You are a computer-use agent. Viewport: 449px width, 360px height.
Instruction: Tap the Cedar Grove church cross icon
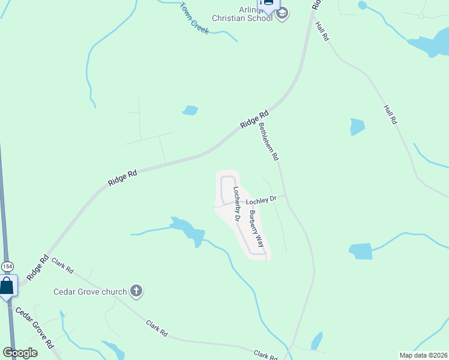pos(136,292)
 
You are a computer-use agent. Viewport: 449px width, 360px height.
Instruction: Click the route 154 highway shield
pos(7,266)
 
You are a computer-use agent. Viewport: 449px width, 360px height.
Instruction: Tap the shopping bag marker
pos(7,285)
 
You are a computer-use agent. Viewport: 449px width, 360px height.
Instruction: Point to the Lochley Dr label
pos(261,200)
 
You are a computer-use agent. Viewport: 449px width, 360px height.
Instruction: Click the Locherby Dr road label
pos(237,205)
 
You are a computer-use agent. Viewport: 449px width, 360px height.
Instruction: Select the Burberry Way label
pos(257,229)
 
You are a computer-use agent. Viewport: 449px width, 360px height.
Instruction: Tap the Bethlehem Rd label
pos(268,141)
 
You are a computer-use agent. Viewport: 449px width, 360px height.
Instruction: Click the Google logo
pos(20,353)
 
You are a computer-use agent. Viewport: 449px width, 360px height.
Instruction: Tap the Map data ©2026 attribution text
pos(423,355)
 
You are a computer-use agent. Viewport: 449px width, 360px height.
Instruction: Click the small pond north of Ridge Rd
pos(190,110)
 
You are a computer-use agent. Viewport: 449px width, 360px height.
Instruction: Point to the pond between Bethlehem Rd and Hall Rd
pos(357,127)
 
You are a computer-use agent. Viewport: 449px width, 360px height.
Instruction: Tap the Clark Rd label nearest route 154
pos(62,265)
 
